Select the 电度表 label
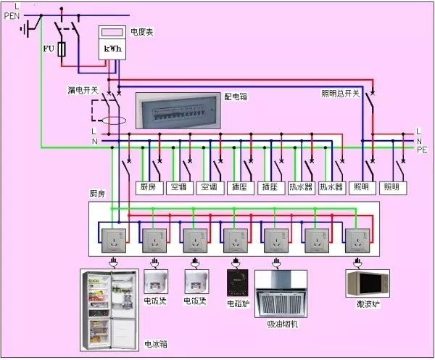click(141, 31)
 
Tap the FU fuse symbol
click(62, 49)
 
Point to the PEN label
click(13, 15)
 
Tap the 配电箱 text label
click(236, 96)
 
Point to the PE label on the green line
click(422, 149)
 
